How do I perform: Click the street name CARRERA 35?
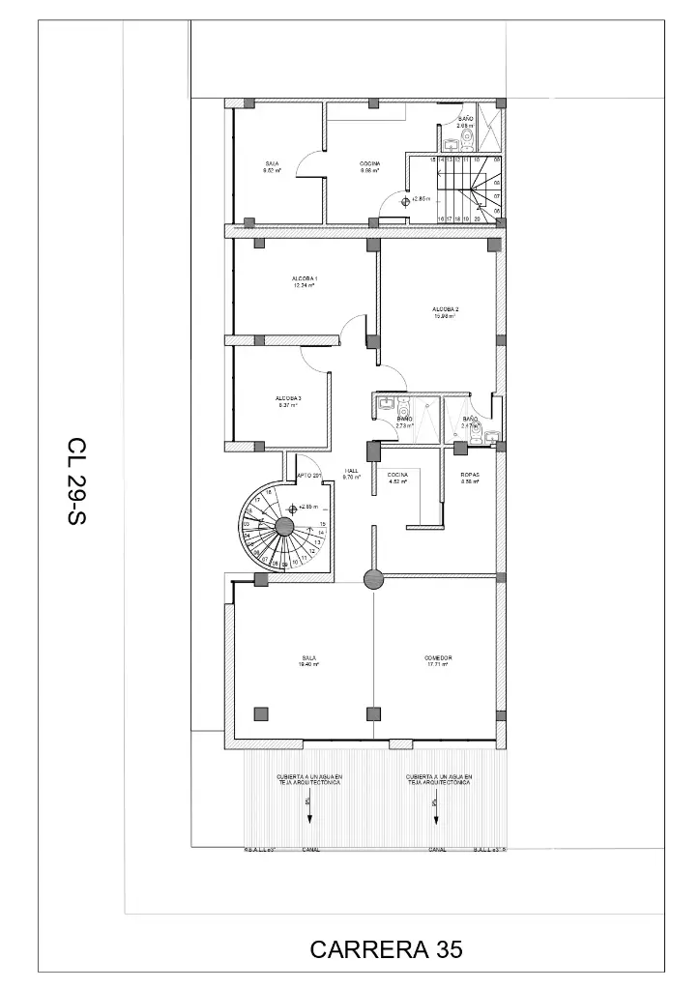click(x=387, y=949)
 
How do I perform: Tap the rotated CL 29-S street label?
click(x=77, y=481)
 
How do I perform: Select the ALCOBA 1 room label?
click(x=305, y=281)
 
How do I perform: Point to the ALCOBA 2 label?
click(x=445, y=311)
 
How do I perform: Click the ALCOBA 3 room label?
click(x=287, y=401)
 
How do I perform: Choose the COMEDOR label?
click(x=438, y=660)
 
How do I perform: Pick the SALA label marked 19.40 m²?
click(x=309, y=660)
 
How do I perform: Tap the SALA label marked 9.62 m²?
click(x=272, y=167)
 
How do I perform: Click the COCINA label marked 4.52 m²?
click(x=397, y=478)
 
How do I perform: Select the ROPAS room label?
click(x=471, y=478)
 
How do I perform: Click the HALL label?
click(x=352, y=474)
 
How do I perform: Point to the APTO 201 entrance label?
click(x=309, y=475)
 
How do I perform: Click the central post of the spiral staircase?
click(x=284, y=526)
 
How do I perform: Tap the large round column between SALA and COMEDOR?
click(x=373, y=578)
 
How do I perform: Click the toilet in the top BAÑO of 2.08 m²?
click(x=468, y=142)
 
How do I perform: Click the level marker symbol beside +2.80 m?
click(x=405, y=200)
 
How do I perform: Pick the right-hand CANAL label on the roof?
click(x=436, y=850)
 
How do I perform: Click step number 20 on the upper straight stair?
click(x=478, y=219)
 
